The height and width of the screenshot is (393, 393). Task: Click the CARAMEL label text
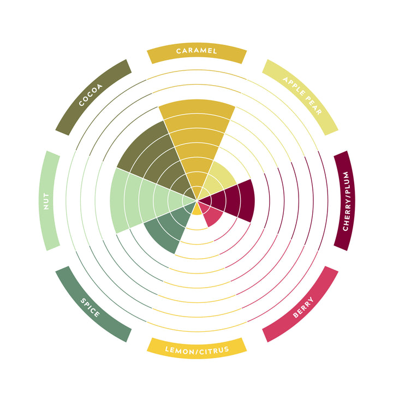click(196, 51)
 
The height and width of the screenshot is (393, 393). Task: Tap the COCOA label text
click(91, 95)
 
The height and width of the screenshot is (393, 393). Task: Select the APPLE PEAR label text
click(302, 96)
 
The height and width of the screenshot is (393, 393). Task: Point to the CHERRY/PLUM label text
click(346, 201)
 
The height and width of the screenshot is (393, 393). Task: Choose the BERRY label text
click(303, 307)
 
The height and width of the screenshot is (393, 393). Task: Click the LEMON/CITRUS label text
click(197, 350)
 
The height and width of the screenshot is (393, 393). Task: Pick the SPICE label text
click(90, 307)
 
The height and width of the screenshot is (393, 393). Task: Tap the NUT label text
click(46, 201)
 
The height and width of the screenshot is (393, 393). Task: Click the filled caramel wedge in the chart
click(197, 140)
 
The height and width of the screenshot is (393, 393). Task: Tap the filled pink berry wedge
click(211, 213)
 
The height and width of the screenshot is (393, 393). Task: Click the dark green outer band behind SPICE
click(93, 304)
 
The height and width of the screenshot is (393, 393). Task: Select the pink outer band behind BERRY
click(300, 304)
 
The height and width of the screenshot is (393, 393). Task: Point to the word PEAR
click(312, 106)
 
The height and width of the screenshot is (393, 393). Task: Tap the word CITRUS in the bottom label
click(215, 350)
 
